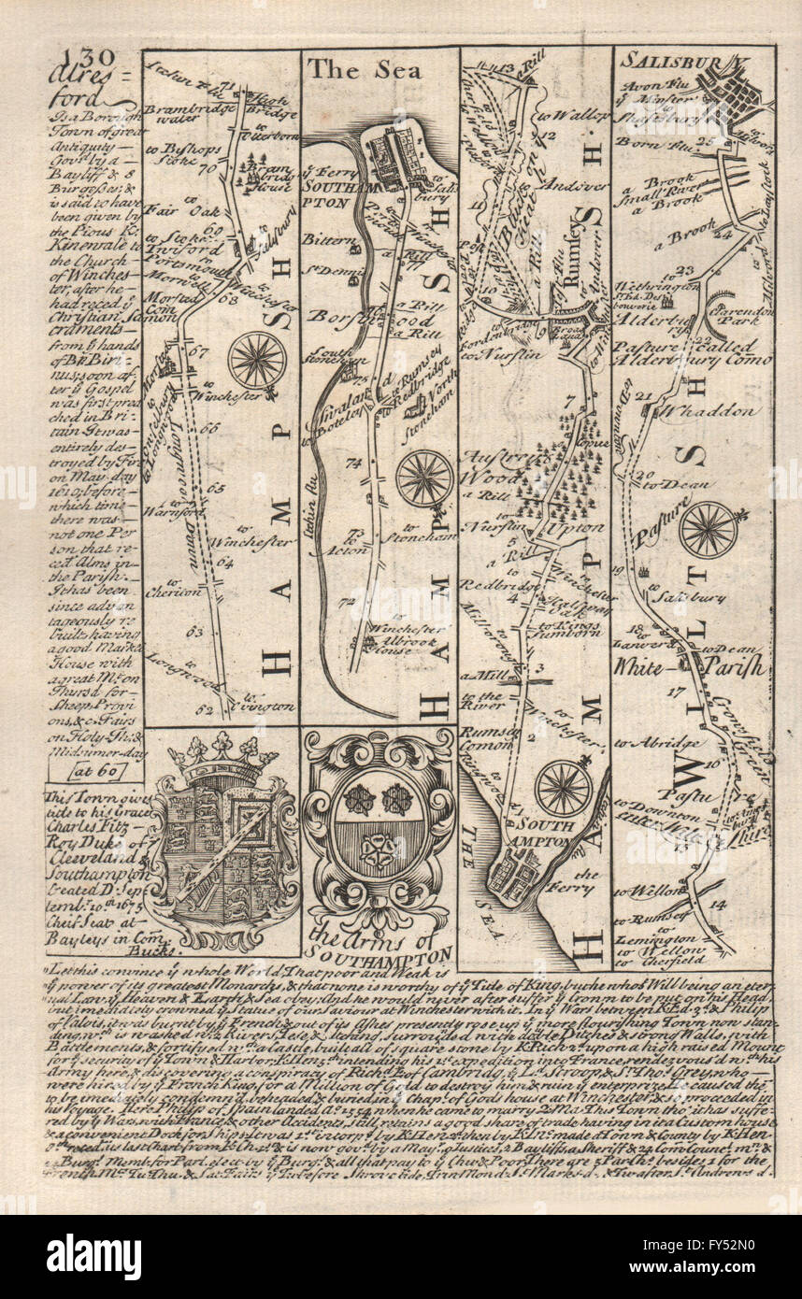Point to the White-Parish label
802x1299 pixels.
tap(691, 667)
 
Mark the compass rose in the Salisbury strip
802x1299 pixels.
tap(709, 529)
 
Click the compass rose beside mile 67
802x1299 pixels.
tap(257, 360)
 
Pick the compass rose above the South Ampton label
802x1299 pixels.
tap(563, 788)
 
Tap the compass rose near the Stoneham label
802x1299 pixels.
tap(424, 478)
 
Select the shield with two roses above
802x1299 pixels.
tap(380, 823)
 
